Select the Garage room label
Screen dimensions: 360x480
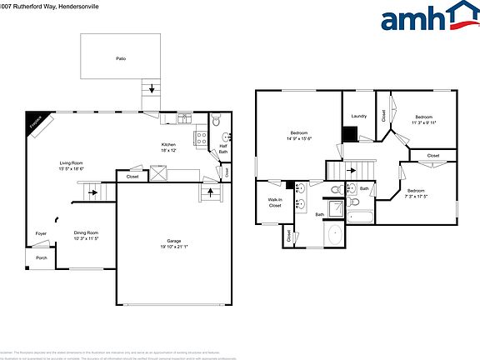174,244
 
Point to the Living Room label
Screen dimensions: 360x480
72,165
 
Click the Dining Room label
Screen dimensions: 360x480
86,235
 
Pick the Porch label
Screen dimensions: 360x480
41,257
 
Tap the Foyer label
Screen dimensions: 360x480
41,233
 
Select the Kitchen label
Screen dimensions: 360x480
168,147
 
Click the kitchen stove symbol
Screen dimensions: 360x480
201,138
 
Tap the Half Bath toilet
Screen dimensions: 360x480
216,122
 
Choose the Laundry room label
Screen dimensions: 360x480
359,117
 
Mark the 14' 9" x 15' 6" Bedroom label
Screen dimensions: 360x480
299,136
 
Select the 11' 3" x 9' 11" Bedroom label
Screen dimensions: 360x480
423,120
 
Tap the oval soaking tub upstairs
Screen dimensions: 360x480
333,235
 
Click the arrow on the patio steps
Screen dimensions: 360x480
151,87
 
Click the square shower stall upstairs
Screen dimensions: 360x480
334,208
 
